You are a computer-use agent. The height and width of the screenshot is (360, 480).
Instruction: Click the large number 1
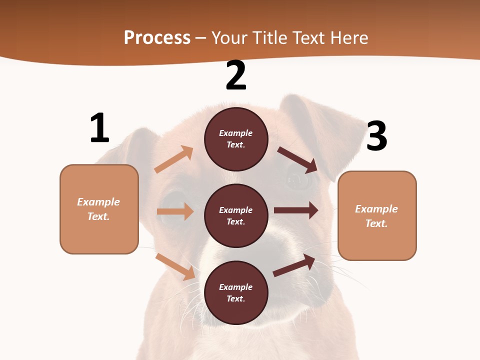tap(99, 128)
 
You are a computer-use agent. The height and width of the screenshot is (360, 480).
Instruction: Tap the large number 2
tap(236, 75)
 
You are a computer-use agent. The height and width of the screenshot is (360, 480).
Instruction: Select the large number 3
tap(377, 136)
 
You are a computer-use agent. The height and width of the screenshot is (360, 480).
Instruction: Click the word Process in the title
tap(157, 37)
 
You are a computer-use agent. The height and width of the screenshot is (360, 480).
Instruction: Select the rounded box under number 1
tap(99, 209)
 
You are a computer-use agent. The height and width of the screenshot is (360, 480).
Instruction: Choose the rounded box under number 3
tap(377, 215)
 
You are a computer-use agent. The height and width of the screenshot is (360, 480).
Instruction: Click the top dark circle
tap(236, 139)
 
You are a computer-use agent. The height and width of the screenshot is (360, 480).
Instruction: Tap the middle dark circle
tap(236, 215)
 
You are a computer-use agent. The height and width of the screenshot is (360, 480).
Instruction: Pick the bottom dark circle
tap(236, 292)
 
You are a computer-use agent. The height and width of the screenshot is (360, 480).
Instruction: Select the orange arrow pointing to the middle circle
tap(175, 211)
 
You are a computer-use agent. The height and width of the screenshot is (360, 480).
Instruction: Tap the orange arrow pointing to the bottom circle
tap(175, 266)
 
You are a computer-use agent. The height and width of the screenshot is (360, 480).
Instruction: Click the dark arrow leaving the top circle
tap(298, 159)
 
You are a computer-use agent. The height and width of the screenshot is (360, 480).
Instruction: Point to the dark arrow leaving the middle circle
tap(296, 210)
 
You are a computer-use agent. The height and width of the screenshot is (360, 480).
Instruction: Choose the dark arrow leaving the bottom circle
tap(294, 265)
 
